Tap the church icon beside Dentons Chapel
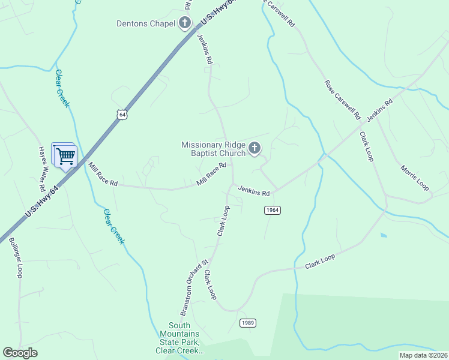pos(185,24)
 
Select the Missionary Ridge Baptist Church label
pos(214,149)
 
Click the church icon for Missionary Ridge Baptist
pos(255,148)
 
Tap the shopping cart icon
pos(65,156)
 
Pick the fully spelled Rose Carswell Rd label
pos(342,99)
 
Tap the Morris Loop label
pos(415,178)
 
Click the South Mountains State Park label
pos(179,338)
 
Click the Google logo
pos(20,353)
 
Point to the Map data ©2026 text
pos(423,355)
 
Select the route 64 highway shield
pos(122,114)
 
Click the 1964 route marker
pos(272,210)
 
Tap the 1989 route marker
pos(248,323)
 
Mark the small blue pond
pos(383,235)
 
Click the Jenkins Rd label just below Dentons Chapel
pos(205,49)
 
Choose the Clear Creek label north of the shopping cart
pos(62,88)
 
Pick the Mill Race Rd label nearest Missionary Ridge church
pos(212,173)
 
